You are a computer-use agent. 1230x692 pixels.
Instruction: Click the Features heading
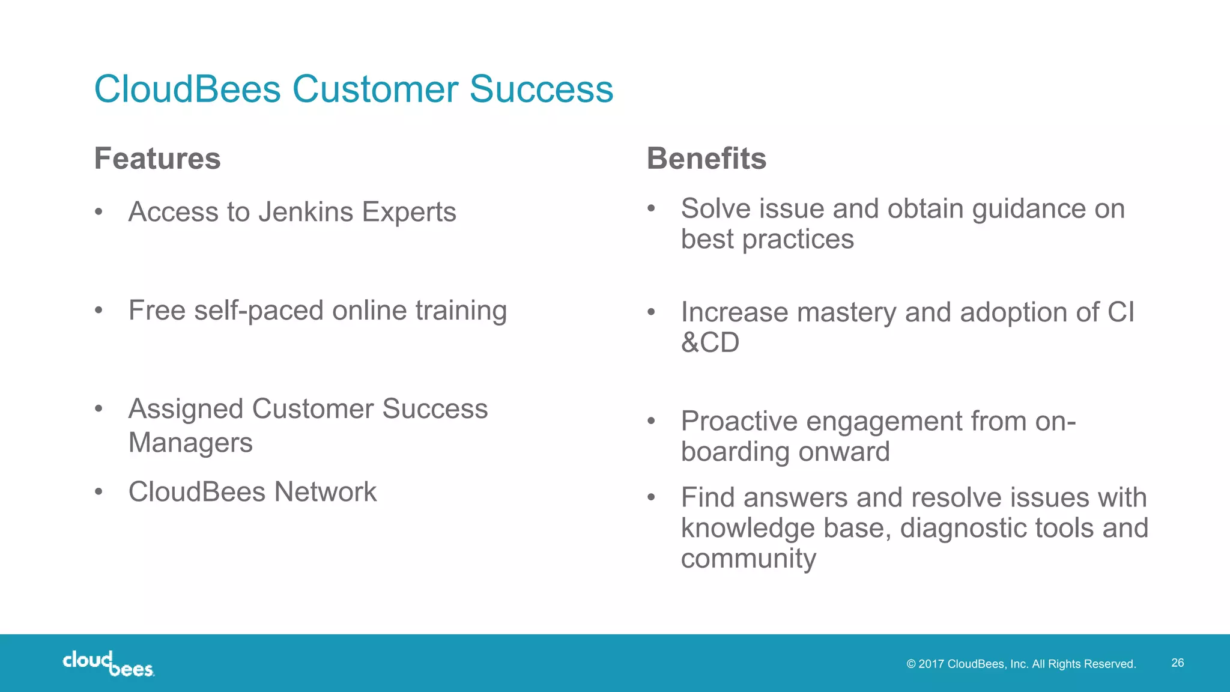pyautogui.click(x=157, y=159)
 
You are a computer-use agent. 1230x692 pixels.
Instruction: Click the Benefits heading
pyautogui.click(x=706, y=159)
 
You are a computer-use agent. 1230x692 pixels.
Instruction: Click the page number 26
pyautogui.click(x=1177, y=663)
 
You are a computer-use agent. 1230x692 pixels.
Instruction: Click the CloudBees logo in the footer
pyautogui.click(x=109, y=663)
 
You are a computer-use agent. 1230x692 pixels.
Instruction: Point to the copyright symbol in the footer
pyautogui.click(x=911, y=664)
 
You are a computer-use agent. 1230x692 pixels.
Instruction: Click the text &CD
pyautogui.click(x=710, y=342)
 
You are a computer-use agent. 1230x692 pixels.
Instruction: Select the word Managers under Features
pyautogui.click(x=190, y=443)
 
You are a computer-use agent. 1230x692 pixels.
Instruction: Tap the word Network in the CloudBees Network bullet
pyautogui.click(x=325, y=492)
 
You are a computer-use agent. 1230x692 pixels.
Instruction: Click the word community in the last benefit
pyautogui.click(x=748, y=559)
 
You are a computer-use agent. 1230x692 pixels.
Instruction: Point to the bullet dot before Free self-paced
pyautogui.click(x=99, y=311)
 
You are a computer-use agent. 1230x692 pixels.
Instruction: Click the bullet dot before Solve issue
pyautogui.click(x=651, y=208)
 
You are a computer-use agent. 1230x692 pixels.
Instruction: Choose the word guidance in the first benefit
pyautogui.click(x=1029, y=209)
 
